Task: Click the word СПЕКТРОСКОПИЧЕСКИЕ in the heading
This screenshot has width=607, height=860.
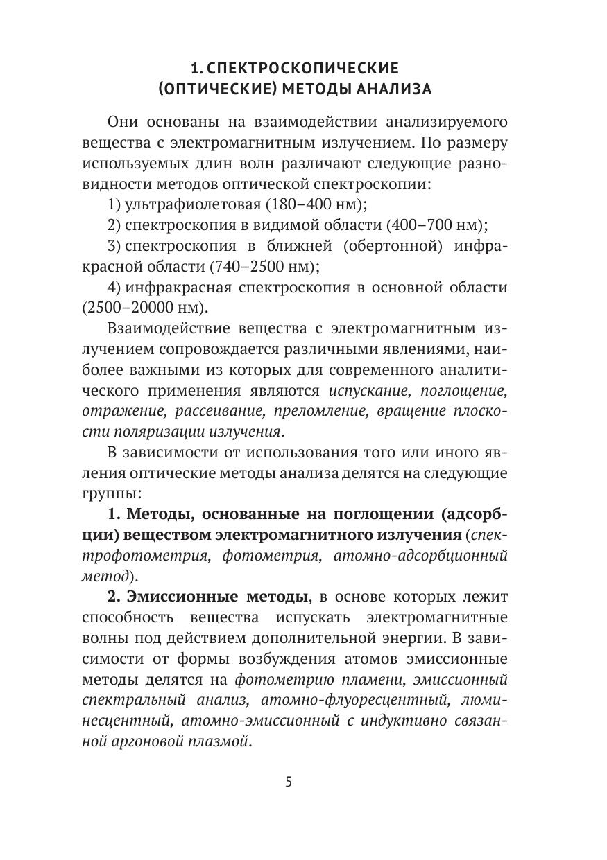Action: [304, 69]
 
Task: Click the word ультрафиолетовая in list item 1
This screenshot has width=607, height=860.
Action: [179, 204]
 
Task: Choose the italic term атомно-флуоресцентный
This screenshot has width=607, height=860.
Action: [348, 700]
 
